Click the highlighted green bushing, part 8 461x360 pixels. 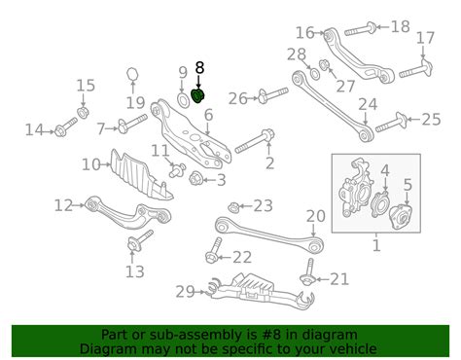tap(197, 95)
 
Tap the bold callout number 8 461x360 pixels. tap(199, 68)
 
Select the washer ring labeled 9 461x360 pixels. tap(184, 99)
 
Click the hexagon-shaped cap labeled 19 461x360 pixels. tap(132, 74)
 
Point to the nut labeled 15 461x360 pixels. tap(83, 113)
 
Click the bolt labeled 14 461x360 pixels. tap(66, 127)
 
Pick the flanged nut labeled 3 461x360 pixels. tap(196, 178)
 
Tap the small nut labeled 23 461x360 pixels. tap(233, 206)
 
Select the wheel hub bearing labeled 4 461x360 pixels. tap(379, 204)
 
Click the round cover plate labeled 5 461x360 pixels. tap(401, 217)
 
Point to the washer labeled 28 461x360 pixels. tap(314, 74)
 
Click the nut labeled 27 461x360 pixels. tap(324, 65)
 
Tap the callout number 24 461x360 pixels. tap(368, 104)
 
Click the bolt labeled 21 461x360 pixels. tap(308, 271)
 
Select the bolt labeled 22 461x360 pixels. tap(214, 250)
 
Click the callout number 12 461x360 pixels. tap(64, 205)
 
